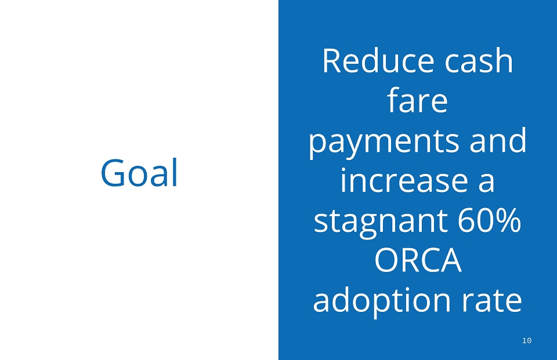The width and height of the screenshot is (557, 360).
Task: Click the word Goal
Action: coord(139,173)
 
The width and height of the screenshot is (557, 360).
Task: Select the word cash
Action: coord(479,60)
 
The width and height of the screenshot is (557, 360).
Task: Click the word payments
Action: coord(384,142)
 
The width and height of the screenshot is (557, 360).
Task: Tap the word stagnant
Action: coord(381,222)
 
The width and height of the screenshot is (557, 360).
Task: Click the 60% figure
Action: coord(489,220)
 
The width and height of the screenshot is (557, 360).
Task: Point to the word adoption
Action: coord(382,300)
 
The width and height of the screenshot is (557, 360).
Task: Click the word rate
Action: coord(491,300)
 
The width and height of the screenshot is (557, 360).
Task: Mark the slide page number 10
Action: coord(527,340)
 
